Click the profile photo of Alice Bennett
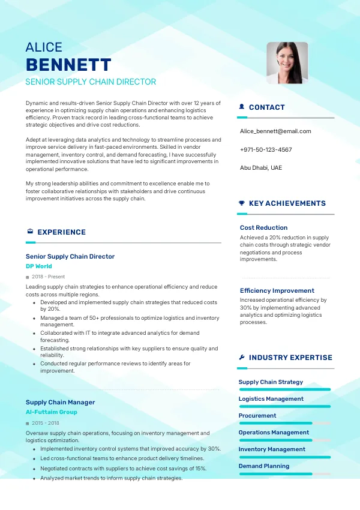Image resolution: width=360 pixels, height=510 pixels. pos(287,62)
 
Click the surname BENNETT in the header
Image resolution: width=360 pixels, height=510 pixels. pos(68,65)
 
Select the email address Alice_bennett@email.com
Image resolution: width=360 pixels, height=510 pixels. pos(275,131)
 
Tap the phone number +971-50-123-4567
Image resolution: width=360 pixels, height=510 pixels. pos(266,149)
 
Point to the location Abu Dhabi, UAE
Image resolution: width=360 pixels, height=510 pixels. pos(260,167)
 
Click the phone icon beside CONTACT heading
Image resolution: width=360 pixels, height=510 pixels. pos(242,107)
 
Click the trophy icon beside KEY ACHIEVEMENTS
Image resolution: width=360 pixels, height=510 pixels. pos(242,203)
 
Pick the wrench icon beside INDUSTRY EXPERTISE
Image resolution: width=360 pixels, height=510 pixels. pos(242,358)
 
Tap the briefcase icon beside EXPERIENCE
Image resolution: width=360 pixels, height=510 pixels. pos(30,232)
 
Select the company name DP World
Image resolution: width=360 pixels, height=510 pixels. pos(38,266)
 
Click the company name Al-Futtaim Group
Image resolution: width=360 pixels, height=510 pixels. pos(51,412)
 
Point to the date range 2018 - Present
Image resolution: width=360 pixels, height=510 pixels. pos(48,277)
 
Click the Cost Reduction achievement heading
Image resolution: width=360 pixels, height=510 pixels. pos(263,227)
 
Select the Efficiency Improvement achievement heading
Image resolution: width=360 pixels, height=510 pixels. pos(277,290)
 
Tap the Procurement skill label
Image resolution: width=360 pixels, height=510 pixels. pos(257,415)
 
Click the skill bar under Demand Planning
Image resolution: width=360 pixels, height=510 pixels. pos(284,473)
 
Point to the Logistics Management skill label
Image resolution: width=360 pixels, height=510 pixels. pos(271,398)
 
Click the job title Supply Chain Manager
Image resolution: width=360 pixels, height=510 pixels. pos(60,402)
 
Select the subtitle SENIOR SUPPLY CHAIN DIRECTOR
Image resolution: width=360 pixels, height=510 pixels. pos(91,82)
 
